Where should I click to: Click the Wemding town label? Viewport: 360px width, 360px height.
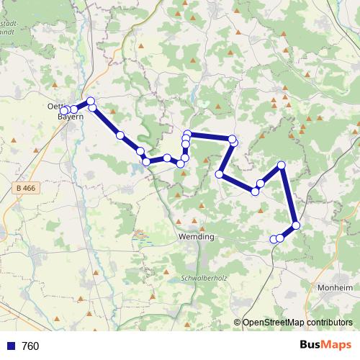tap(195, 236)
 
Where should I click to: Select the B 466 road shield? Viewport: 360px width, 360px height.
tap(24, 189)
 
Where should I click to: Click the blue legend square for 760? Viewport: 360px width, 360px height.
tap(11, 346)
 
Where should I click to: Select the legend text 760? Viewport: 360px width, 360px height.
tap(30, 346)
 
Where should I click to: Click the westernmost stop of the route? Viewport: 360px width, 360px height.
tap(65, 110)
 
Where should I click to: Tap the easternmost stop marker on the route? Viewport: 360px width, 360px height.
tap(296, 225)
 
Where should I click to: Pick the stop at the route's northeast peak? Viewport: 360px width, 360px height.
tap(282, 166)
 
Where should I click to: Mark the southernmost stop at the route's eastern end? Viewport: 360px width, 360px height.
tap(274, 239)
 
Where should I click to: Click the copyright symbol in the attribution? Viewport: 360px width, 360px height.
tap(237, 323)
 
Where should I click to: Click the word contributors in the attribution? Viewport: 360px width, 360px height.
tap(328, 323)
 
